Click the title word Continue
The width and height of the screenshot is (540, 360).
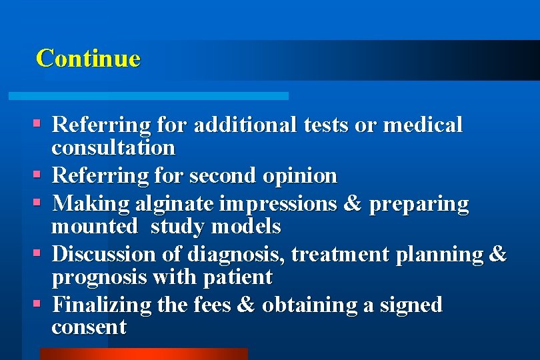click(88, 58)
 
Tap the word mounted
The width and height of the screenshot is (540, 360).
click(95, 227)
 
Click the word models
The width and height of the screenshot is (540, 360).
click(246, 227)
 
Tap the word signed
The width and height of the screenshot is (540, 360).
click(411, 305)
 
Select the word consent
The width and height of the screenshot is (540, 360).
click(89, 327)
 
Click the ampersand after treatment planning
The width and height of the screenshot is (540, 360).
click(497, 254)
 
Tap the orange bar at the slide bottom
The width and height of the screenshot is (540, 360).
click(143, 354)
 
